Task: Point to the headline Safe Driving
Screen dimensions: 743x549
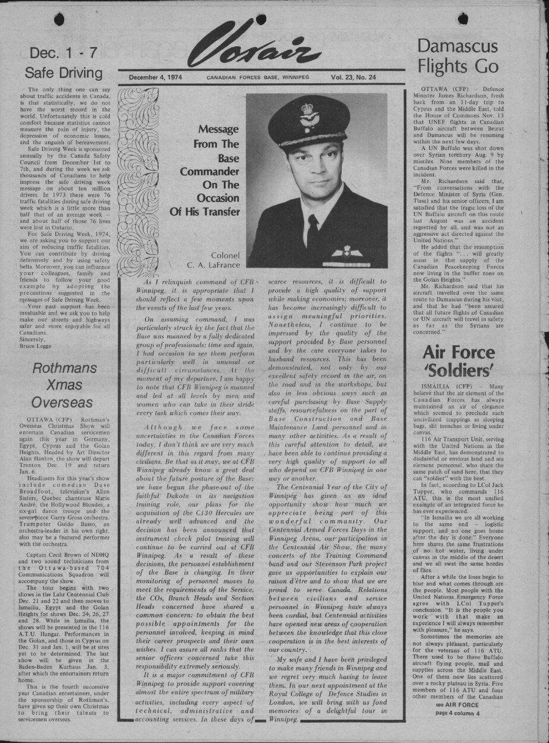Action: pyautogui.click(x=64, y=73)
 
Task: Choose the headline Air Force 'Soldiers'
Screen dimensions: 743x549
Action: pyautogui.click(x=458, y=361)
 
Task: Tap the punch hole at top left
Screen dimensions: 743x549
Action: pyautogui.click(x=59, y=20)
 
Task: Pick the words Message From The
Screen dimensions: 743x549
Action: pyautogui.click(x=215, y=137)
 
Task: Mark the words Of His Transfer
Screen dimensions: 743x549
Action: pyautogui.click(x=204, y=212)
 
